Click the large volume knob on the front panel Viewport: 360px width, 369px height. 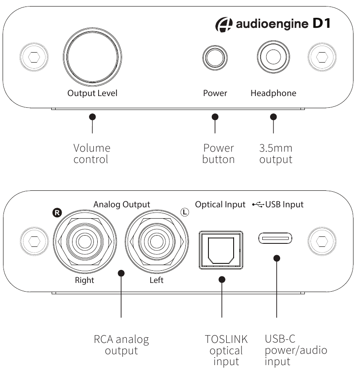pyautogui.click(x=92, y=57)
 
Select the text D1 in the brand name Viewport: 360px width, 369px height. pyautogui.click(x=321, y=23)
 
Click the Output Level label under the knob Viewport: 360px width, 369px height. pyautogui.click(x=92, y=93)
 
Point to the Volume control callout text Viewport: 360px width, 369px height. pyautogui.click(x=92, y=153)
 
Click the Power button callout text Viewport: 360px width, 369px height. pyautogui.click(x=218, y=153)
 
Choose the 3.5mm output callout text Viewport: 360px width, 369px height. pyautogui.click(x=276, y=153)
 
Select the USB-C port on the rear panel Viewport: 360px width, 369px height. pyautogui.click(x=276, y=238)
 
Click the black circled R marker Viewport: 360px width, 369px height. pyautogui.click(x=57, y=213)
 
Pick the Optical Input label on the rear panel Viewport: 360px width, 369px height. pyautogui.click(x=220, y=204)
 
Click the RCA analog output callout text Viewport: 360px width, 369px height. pyautogui.click(x=121, y=345)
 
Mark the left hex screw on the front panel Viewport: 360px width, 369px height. pyautogui.click(x=33, y=57)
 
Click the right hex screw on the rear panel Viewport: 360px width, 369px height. pyautogui.click(x=322, y=239)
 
